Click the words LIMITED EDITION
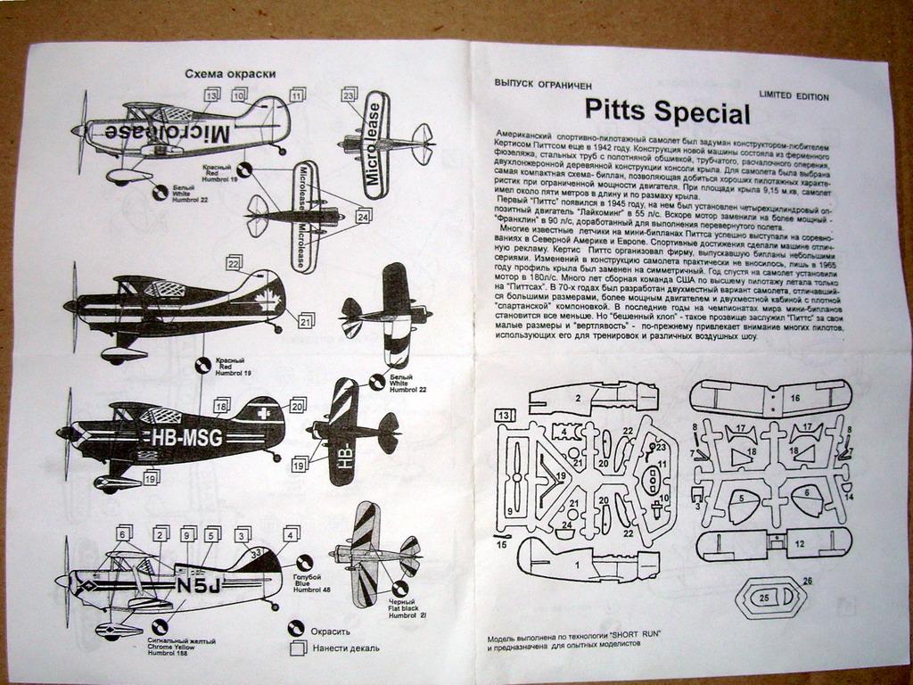tap(794, 96)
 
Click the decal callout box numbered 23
tap(350, 94)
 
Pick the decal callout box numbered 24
tap(363, 216)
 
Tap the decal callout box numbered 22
tap(234, 263)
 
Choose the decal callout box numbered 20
tap(298, 404)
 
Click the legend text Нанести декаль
tap(345, 648)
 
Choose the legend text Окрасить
tap(330, 631)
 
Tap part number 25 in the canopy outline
tap(765, 598)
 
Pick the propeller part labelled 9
tap(509, 511)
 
